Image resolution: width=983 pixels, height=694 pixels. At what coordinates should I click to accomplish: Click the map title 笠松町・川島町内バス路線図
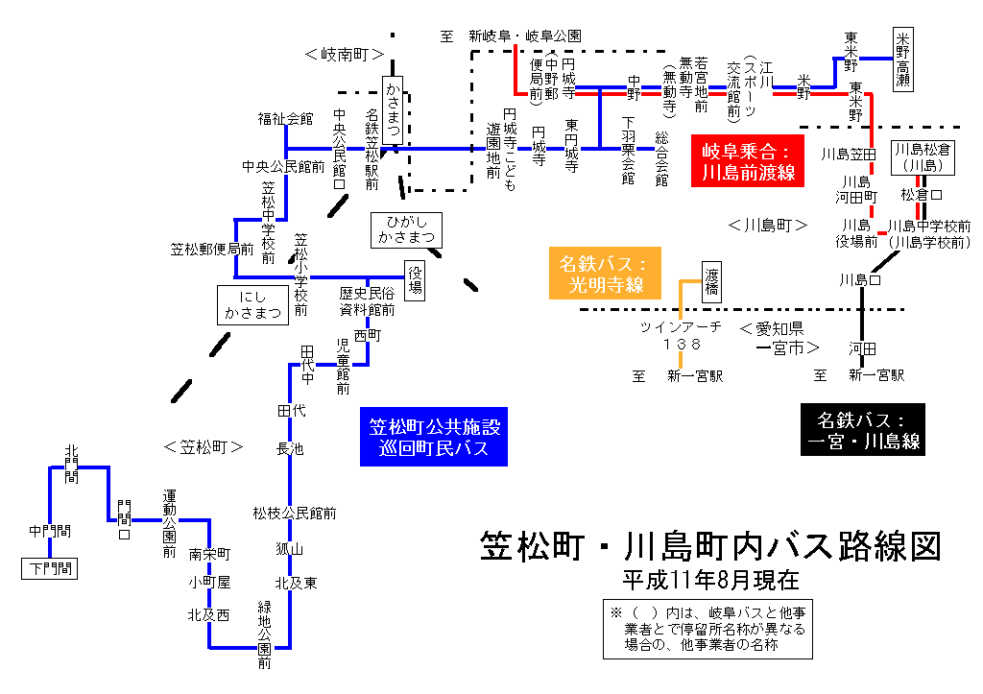point(709,545)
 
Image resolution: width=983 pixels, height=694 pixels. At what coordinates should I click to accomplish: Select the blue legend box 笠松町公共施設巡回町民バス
point(435,438)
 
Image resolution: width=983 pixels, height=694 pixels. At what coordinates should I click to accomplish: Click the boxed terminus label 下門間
point(49,569)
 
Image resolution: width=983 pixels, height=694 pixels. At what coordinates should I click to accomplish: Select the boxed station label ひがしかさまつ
point(406,228)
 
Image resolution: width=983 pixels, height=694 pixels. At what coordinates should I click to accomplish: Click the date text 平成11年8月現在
point(709,581)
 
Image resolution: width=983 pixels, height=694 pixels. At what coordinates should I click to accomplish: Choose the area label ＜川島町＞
point(767,226)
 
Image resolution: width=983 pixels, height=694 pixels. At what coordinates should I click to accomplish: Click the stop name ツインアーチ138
point(683,335)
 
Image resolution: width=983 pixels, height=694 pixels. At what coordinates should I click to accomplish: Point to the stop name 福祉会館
point(285,119)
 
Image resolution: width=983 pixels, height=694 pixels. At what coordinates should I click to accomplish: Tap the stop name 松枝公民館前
point(295,514)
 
